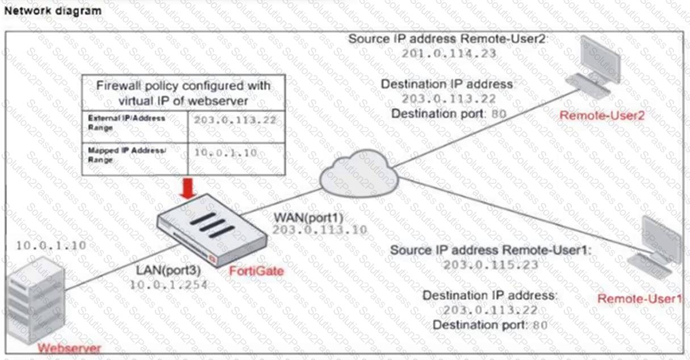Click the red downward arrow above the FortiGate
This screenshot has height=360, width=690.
[x=187, y=188]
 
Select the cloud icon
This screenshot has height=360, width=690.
[x=359, y=173]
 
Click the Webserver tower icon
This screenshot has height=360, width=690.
[x=36, y=301]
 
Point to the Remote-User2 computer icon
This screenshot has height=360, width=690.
[x=593, y=68]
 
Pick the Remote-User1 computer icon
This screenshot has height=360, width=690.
[x=654, y=248]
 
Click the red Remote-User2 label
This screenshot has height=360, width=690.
[x=602, y=115]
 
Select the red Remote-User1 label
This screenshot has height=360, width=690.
[x=640, y=299]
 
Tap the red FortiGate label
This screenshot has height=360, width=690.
[x=256, y=271]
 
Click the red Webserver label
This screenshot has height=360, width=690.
[x=69, y=348]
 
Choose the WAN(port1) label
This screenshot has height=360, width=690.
[x=308, y=217]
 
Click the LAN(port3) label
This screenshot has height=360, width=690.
[x=169, y=270]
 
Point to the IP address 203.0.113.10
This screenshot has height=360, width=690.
[x=320, y=230]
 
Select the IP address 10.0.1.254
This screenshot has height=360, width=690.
[x=169, y=285]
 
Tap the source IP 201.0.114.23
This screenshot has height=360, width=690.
[x=449, y=53]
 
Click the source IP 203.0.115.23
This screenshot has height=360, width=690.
[x=491, y=265]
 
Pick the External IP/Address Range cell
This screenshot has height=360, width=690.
[x=135, y=127]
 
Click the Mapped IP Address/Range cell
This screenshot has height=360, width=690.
[x=135, y=159]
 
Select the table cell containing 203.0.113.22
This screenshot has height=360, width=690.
[x=236, y=127]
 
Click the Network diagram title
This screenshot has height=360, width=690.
[x=53, y=11]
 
